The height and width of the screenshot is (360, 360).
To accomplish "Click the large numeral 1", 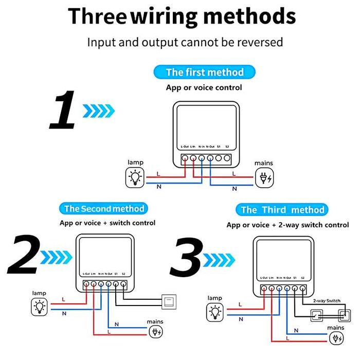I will coord(63,110).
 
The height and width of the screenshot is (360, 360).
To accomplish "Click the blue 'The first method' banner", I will coord(204,72).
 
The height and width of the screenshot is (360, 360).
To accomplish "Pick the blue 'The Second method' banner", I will coord(104,208).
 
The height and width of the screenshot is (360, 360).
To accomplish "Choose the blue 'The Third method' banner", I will coord(282,209).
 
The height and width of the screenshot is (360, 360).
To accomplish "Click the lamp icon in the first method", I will coord(136,177).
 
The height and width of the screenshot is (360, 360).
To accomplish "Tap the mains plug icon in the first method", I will coord(265,178).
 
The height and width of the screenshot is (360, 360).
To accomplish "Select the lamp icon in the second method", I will coord(39,307).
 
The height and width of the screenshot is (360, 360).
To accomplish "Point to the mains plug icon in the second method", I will coord(155,332).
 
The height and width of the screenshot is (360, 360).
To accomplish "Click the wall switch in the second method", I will coord(169,300).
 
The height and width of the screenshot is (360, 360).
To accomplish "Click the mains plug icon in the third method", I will coord(336,339).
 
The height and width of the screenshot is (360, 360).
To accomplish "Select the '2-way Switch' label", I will coord(327,301).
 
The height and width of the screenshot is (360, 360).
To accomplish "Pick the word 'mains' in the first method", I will coord(264,163).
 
